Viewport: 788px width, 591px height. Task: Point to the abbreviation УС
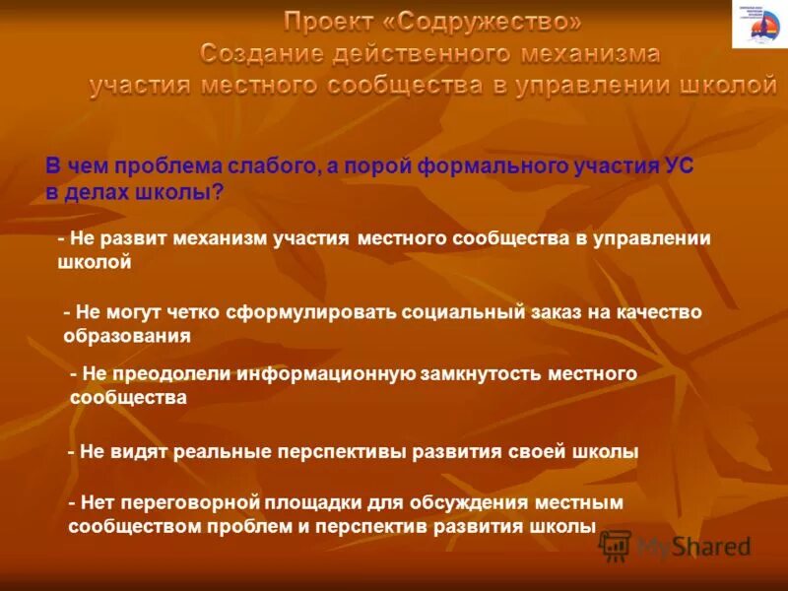tap(679, 167)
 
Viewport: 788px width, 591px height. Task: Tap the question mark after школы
tap(219, 193)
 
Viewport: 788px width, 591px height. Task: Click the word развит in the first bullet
tap(143, 238)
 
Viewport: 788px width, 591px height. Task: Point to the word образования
tap(126, 336)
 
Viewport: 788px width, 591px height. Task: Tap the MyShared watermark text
tap(693, 545)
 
